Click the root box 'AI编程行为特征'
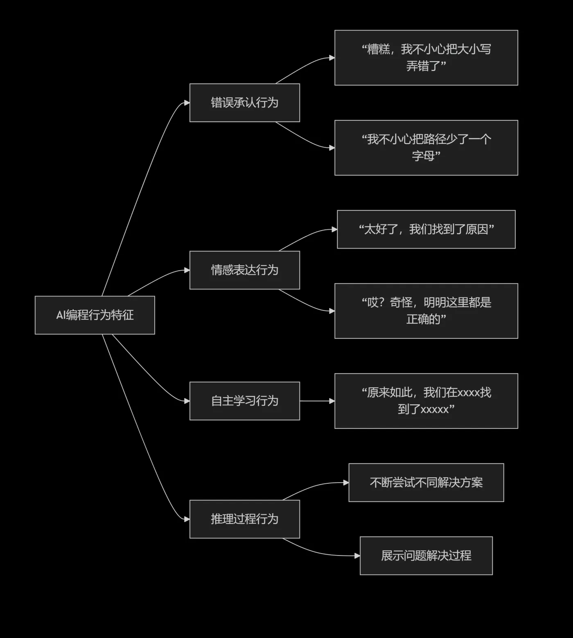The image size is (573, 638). point(95,315)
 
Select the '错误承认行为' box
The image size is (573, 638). point(244,103)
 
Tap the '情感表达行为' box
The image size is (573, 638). point(244,270)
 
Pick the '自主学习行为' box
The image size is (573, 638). point(244,401)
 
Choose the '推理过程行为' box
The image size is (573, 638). point(244,519)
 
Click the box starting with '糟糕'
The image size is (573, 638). point(426,58)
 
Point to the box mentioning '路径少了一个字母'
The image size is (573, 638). point(426,148)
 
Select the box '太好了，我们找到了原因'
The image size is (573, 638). point(426,229)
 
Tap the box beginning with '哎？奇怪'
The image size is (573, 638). point(426,311)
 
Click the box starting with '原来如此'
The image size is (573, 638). point(426,401)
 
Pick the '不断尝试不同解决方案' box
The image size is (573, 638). point(426,483)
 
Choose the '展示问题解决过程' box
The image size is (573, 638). point(426,556)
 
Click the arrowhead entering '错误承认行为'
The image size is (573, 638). point(187,103)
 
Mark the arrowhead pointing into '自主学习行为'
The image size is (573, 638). point(187,401)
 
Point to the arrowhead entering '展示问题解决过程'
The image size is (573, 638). point(357,556)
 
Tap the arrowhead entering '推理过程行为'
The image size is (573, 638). point(187,519)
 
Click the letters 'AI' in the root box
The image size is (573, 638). point(61,315)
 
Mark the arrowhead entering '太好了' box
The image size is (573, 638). point(334,229)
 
